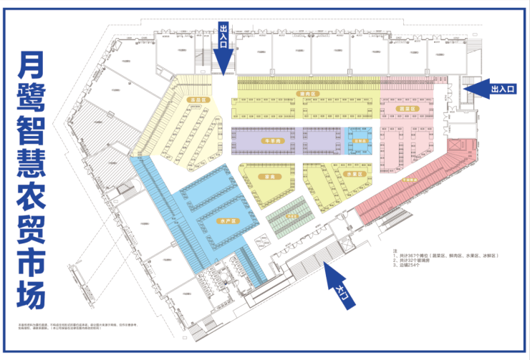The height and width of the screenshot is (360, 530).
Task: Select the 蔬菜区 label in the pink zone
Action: [x=406, y=108]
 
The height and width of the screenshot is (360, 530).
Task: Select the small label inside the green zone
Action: [x=291, y=215]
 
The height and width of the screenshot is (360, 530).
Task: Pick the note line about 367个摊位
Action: [x=445, y=256]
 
